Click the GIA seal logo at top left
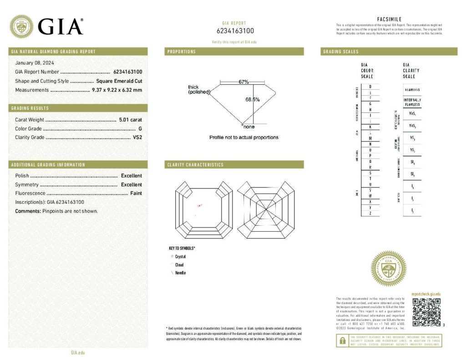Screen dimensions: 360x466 tap(21, 26)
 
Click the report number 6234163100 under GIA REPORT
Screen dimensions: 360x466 tap(235, 31)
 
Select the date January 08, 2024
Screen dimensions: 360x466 tap(34, 63)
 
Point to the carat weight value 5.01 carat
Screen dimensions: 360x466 tap(130, 120)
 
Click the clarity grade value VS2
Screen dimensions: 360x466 tap(137, 137)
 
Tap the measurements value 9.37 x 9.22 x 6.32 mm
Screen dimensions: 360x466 tap(117, 90)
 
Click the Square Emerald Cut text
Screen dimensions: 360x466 tap(119, 81)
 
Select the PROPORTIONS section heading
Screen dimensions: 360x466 tap(182, 52)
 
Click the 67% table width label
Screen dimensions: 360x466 tap(243, 82)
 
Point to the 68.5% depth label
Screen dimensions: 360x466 tap(253, 99)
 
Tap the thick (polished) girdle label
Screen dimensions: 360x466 tap(198, 90)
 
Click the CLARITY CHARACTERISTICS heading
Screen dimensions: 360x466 tap(195, 165)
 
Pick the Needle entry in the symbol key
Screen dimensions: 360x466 tap(180, 273)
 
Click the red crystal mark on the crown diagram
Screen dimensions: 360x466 tap(199, 206)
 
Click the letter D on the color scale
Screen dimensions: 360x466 tap(370, 86)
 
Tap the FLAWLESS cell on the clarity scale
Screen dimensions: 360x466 tap(411, 90)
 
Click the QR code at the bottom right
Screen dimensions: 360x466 tap(426, 312)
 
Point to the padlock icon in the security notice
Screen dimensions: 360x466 tap(341, 340)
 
